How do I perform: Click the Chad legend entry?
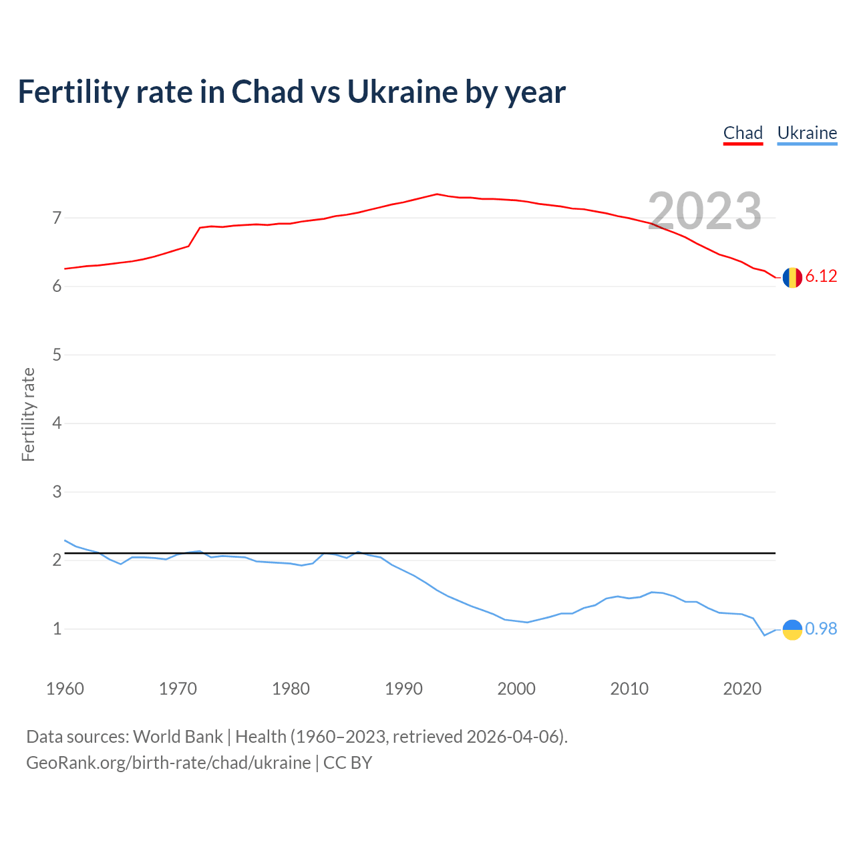743,133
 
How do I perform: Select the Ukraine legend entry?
807,133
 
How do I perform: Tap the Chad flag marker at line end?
792,277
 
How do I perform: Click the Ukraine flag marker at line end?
792,629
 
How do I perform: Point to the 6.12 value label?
821,277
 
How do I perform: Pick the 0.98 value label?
821,629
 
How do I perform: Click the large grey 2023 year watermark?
705,211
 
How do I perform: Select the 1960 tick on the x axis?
65,689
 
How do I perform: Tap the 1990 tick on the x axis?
403,689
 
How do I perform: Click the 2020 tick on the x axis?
742,689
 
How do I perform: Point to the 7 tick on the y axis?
57,218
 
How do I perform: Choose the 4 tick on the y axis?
57,423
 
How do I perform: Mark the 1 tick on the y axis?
57,629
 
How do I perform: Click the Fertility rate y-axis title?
28,414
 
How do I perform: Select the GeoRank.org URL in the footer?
168,762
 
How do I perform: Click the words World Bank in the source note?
178,736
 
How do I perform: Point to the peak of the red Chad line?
437,194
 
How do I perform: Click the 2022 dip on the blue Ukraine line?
764,635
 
